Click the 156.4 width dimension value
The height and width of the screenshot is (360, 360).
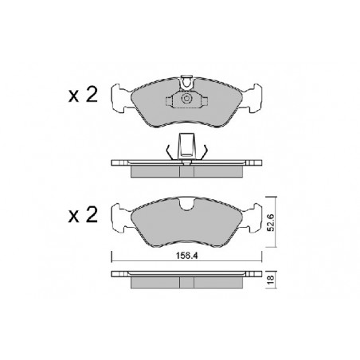(187, 256)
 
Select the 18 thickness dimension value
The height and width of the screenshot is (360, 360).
(271, 279)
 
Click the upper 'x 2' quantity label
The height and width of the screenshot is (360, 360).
(83, 95)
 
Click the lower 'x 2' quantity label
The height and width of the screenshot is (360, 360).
(83, 215)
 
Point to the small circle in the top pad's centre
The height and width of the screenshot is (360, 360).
(186, 99)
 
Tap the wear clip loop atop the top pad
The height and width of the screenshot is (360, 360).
(187, 82)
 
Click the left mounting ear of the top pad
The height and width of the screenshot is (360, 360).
(121, 98)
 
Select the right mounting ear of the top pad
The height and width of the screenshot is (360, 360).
(252, 98)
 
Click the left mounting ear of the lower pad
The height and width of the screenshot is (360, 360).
(121, 217)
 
